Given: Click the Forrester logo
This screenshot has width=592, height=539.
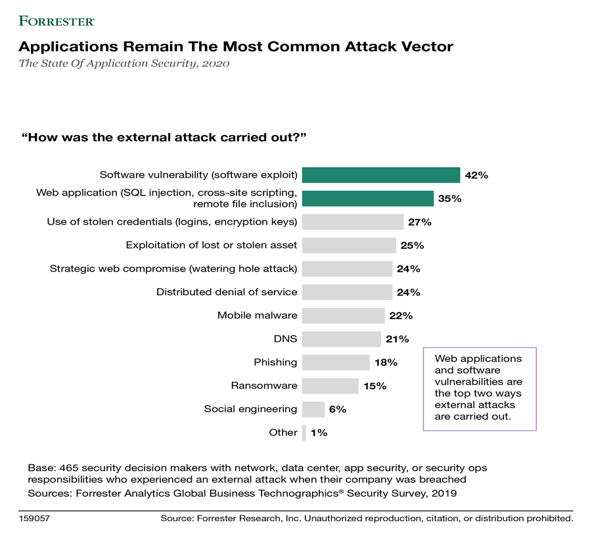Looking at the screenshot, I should tap(57, 21).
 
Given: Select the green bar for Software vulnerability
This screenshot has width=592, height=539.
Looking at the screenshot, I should tap(380, 175).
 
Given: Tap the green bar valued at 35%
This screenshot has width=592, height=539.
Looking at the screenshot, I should tap(367, 198).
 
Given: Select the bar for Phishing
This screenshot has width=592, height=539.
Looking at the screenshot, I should tap(336, 363).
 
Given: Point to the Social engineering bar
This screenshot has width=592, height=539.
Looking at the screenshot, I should tap(313, 409).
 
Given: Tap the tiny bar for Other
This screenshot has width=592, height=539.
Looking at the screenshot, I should tap(304, 432).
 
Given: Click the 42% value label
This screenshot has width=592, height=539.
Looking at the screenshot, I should tap(476, 175).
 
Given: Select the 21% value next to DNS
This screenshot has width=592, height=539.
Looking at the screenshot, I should tap(398, 339).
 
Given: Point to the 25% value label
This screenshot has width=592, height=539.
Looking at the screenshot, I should tap(412, 245).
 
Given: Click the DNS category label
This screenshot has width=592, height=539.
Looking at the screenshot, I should tap(286, 339).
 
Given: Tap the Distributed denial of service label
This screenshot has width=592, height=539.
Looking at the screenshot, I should tap(227, 292).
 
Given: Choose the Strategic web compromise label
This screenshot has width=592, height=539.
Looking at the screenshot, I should tap(173, 269).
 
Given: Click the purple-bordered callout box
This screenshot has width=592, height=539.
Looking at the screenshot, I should tap(480, 388).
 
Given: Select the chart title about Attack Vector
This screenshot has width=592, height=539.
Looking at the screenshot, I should tap(236, 47).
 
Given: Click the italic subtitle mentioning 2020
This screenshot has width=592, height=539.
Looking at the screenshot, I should tap(124, 64).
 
